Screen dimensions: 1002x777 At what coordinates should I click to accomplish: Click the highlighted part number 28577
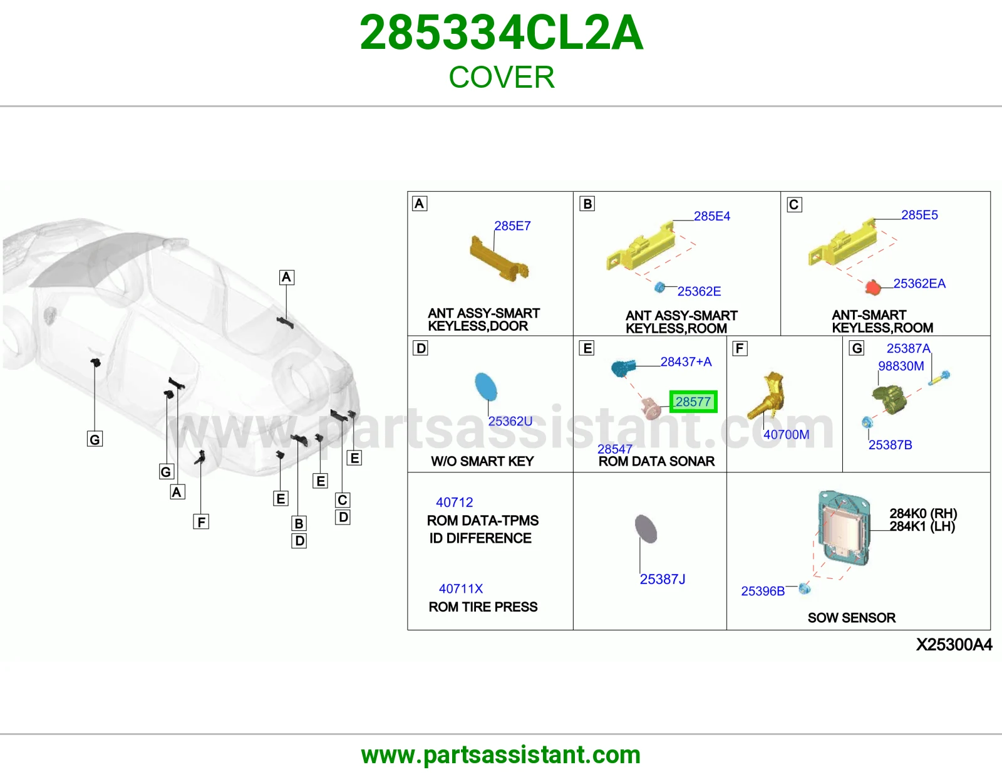tap(693, 402)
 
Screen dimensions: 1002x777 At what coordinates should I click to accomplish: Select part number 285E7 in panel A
tap(512, 226)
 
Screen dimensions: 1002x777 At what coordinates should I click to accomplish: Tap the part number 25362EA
tap(919, 283)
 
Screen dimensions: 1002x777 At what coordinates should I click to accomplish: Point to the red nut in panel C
tap(872, 288)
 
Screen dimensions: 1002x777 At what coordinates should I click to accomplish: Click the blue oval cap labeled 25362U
tap(485, 387)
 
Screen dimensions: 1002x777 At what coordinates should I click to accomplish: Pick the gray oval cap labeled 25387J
tap(646, 529)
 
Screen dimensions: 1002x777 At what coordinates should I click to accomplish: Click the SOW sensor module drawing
tap(844, 529)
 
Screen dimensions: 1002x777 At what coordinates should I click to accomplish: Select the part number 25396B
tap(763, 591)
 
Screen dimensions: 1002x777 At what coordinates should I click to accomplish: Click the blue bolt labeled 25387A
tap(939, 378)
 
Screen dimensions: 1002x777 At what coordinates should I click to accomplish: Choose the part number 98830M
tap(901, 366)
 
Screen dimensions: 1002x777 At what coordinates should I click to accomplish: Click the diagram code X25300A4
tap(954, 645)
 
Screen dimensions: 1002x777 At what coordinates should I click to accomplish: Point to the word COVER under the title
tap(501, 77)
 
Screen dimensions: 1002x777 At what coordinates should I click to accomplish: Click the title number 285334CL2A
tap(501, 33)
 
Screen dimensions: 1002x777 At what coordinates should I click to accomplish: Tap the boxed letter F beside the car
tap(201, 522)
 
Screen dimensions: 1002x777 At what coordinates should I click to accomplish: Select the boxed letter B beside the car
tap(299, 523)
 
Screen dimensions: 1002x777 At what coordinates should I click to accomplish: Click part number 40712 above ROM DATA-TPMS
tap(455, 502)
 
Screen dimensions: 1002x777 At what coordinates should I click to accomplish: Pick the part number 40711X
tap(461, 589)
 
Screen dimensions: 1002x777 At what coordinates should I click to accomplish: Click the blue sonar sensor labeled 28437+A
tap(623, 368)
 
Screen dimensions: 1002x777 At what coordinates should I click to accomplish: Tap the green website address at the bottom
tap(501, 755)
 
